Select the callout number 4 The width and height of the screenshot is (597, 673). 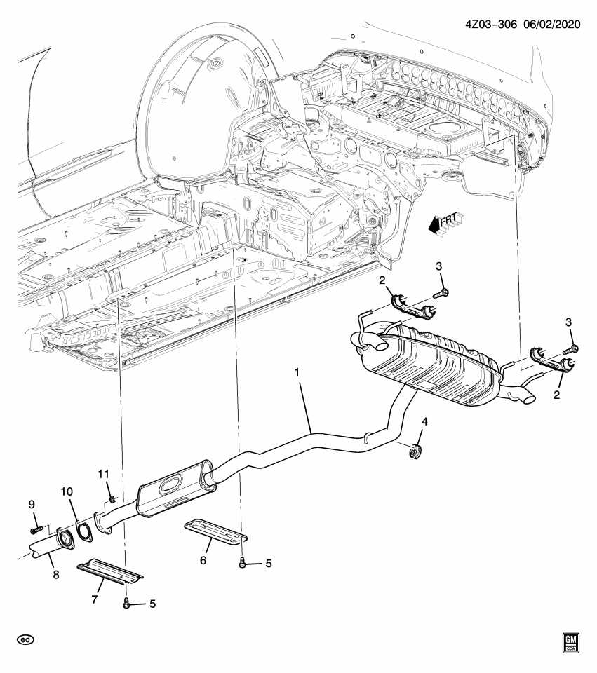pos(424,421)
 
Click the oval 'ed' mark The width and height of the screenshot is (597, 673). pos(26,639)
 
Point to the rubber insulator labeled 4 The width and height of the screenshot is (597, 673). pos(415,451)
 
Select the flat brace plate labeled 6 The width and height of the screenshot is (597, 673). pos(216,532)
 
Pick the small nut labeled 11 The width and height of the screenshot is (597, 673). pos(111,499)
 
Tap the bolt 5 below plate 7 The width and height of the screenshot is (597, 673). pos(127,604)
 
